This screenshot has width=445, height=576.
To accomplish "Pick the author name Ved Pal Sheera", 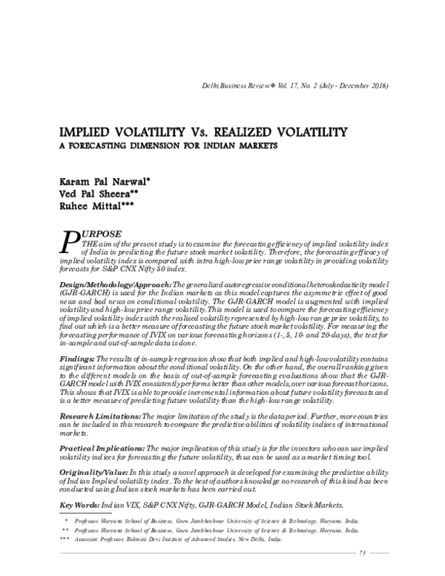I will click(91, 194).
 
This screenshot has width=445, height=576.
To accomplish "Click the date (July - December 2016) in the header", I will click(352, 87).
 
